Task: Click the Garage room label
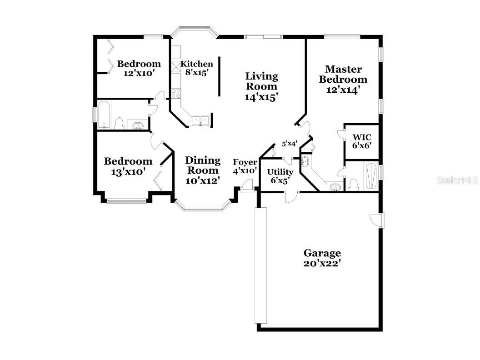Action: [x=322, y=258]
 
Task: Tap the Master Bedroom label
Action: [x=343, y=80]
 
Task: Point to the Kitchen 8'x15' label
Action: [x=196, y=68]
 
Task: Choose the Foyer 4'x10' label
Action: [x=245, y=167]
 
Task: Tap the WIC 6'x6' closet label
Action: [x=362, y=141]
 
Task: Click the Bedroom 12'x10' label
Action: [x=139, y=68]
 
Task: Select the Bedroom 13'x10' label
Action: [x=128, y=166]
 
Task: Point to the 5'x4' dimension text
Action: [x=290, y=144]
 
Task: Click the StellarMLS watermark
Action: [x=457, y=180]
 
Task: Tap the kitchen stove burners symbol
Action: [x=175, y=93]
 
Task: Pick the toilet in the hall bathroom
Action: [x=120, y=123]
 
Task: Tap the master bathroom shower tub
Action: [x=370, y=176]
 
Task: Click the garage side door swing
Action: [x=377, y=220]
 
